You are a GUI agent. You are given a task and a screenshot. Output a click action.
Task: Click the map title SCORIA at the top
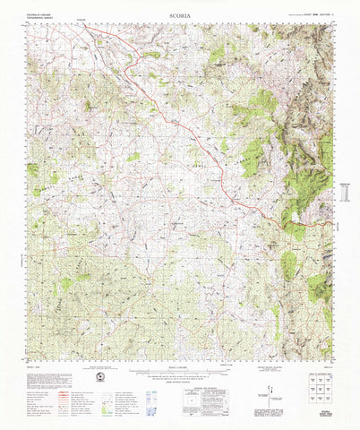pos(178,15)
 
